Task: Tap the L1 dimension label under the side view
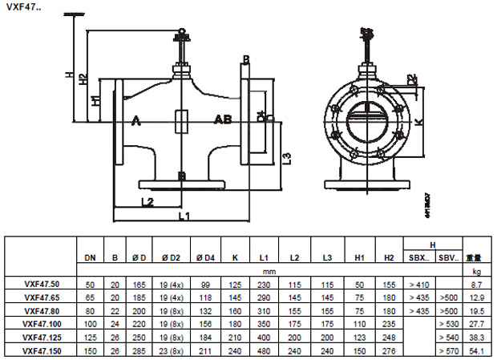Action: tap(183, 216)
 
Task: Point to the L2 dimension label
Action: tap(146, 201)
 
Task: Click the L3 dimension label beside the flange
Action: tap(286, 156)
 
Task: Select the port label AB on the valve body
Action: tap(222, 119)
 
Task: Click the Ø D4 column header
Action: tap(205, 258)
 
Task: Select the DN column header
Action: tap(91, 258)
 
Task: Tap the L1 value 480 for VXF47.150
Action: tap(264, 350)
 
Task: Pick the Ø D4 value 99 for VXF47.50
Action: tap(205, 285)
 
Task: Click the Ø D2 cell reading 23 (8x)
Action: tap(168, 350)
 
